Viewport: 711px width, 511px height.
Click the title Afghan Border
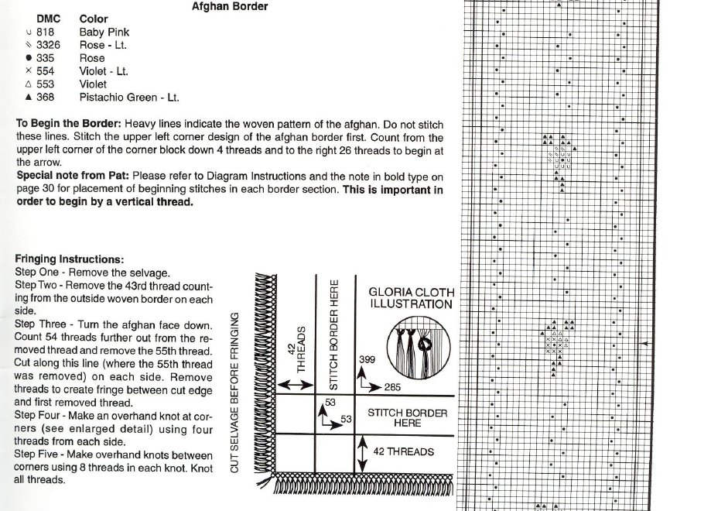[x=230, y=6]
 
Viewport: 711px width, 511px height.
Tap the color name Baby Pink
[x=104, y=33]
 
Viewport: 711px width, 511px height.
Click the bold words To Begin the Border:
[x=69, y=124]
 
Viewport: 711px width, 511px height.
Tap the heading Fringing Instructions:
[x=69, y=259]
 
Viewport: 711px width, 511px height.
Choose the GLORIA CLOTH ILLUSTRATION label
[x=410, y=298]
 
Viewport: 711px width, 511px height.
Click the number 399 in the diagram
[x=367, y=361]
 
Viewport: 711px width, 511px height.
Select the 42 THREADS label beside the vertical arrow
[x=403, y=451]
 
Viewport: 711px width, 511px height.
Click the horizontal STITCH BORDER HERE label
[x=407, y=418]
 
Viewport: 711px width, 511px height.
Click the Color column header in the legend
[x=94, y=19]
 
